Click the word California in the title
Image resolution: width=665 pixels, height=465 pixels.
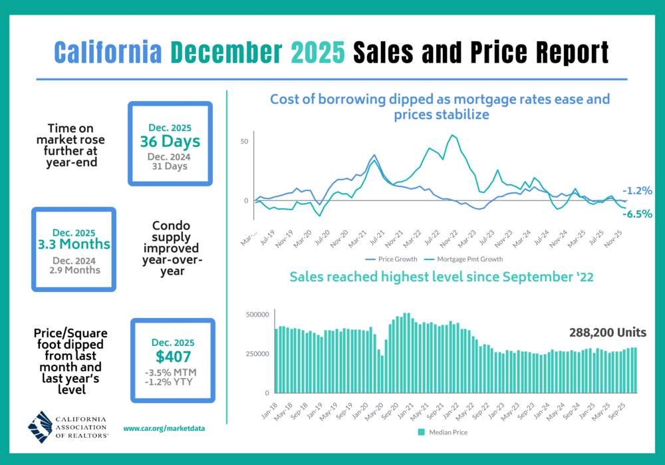click(106, 51)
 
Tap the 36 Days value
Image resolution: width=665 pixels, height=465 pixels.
click(170, 141)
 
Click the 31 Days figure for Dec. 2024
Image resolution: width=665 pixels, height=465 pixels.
click(169, 166)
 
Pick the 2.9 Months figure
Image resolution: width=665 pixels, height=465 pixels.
click(74, 269)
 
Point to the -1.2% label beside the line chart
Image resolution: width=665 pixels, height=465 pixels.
click(637, 190)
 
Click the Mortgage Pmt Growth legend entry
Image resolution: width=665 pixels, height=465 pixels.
click(465, 259)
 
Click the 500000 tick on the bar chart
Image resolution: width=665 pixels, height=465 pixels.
click(257, 314)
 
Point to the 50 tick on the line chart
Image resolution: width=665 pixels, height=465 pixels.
click(245, 142)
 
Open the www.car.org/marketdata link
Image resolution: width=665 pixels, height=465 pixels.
click(164, 429)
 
